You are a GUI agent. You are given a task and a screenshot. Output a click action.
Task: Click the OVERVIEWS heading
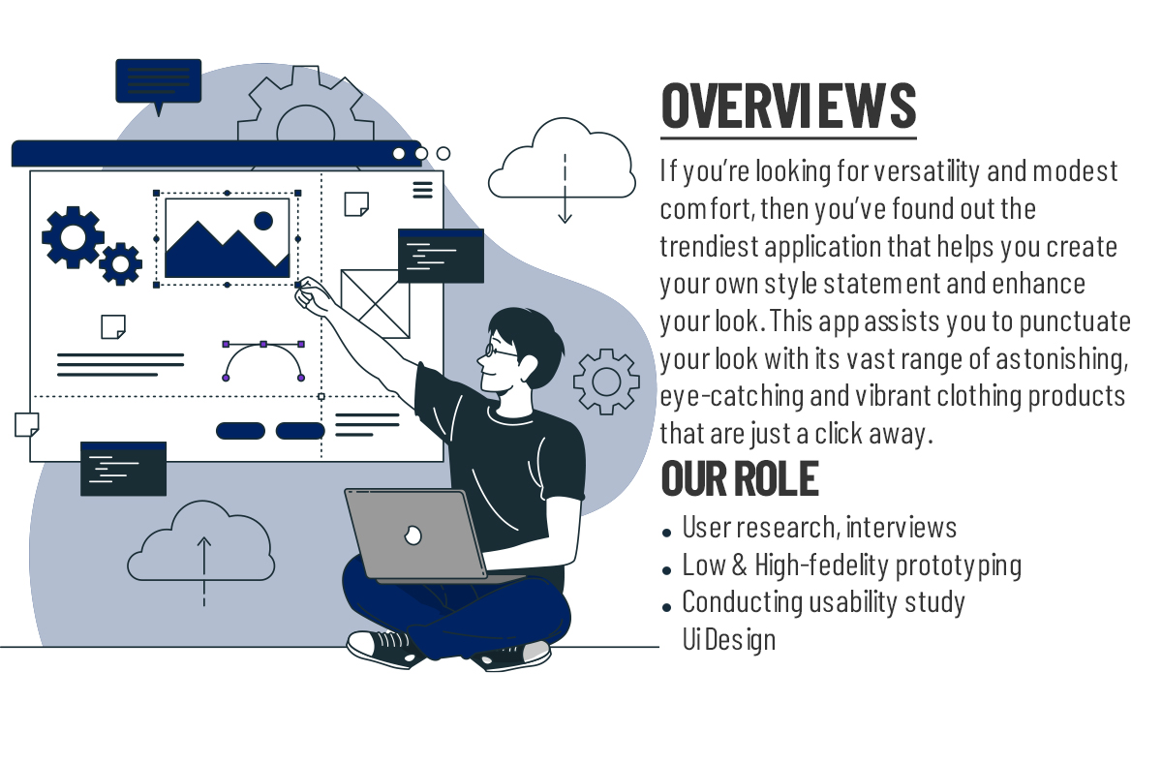788,106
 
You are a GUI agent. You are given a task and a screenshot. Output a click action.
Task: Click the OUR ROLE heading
740,478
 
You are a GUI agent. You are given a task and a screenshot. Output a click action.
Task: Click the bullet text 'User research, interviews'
819,527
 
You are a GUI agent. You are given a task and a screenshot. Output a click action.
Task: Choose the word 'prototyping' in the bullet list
958,565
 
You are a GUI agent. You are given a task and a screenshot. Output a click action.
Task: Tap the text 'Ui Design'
729,639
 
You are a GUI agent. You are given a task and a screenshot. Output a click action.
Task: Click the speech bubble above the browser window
158,81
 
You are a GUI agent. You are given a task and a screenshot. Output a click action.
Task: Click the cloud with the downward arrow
563,161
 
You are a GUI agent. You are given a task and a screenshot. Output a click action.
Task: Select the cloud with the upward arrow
201,544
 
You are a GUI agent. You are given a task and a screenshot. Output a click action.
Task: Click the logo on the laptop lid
413,535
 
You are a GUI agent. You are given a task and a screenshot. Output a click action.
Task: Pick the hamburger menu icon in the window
423,190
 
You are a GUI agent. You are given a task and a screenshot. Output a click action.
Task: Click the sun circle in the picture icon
263,221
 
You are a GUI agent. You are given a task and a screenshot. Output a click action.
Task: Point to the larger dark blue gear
72,237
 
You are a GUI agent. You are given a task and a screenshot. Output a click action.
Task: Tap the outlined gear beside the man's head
606,382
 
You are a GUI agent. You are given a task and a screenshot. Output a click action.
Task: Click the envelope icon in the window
375,304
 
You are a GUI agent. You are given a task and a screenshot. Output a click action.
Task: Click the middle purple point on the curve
263,345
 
